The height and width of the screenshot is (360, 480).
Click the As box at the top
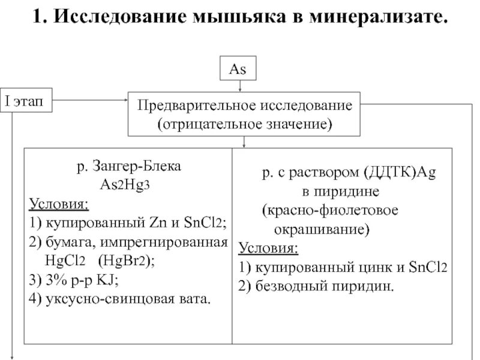coord(239,69)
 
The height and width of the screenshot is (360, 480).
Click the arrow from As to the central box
coord(239,85)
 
